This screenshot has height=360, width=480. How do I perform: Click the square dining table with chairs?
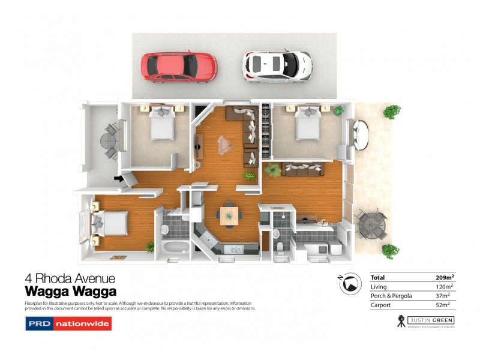(229, 215)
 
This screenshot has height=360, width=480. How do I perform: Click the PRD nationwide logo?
(68, 324)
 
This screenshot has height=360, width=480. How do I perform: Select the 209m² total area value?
(445, 278)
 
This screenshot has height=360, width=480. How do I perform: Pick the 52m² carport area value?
(446, 305)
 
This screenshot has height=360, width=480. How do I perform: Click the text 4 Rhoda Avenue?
(70, 278)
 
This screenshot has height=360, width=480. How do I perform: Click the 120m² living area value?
(445, 287)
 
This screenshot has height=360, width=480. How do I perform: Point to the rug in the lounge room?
(226, 143)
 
